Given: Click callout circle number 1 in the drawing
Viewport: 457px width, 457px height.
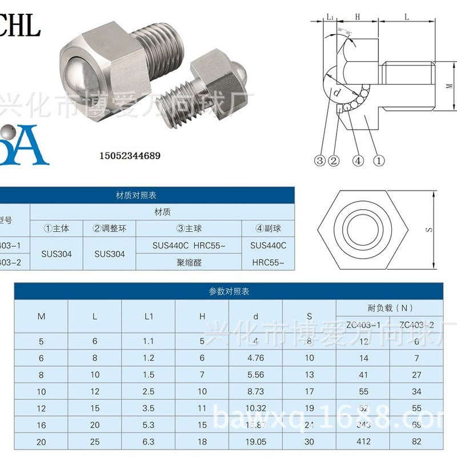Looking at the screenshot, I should click(x=379, y=161).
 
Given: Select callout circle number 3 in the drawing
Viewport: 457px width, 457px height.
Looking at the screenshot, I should click(x=320, y=161).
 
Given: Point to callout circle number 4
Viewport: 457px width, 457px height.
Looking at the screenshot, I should click(x=358, y=161).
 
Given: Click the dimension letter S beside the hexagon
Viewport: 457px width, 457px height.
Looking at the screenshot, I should click(x=429, y=229).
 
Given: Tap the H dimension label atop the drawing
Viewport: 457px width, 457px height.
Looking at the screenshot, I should click(x=357, y=17).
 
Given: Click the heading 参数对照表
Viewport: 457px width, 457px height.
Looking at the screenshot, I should click(x=229, y=291).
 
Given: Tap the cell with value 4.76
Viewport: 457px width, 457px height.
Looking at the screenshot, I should click(x=255, y=358).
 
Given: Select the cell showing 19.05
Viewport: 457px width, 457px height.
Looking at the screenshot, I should click(x=255, y=441).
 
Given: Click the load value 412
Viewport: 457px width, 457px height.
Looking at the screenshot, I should click(x=363, y=441).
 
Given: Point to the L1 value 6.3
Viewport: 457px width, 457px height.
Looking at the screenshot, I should click(x=148, y=441).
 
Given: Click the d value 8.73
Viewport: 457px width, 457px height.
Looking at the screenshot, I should click(x=255, y=391).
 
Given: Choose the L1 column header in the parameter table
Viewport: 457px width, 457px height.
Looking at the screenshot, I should click(x=148, y=316).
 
